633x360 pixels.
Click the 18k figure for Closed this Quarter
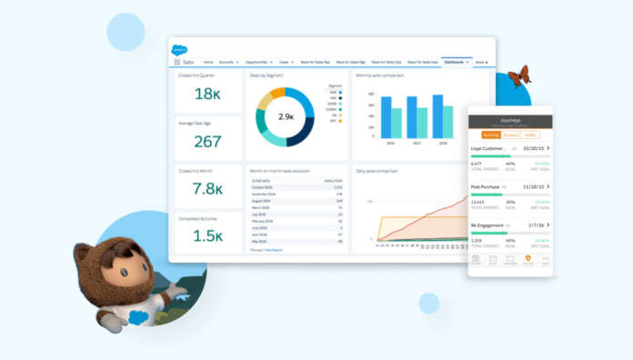(x=207, y=95)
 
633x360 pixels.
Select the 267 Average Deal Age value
(x=207, y=142)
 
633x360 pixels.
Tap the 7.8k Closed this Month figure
(x=207, y=189)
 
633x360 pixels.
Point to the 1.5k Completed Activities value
(x=207, y=235)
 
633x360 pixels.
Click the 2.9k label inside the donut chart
(x=286, y=116)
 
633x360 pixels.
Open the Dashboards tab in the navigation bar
(x=457, y=62)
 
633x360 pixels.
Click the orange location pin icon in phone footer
(x=527, y=258)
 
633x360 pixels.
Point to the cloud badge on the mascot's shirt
(x=138, y=316)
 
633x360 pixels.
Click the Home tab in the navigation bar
(x=208, y=62)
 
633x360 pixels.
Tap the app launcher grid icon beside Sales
(x=176, y=62)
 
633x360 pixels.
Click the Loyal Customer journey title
(x=487, y=146)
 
